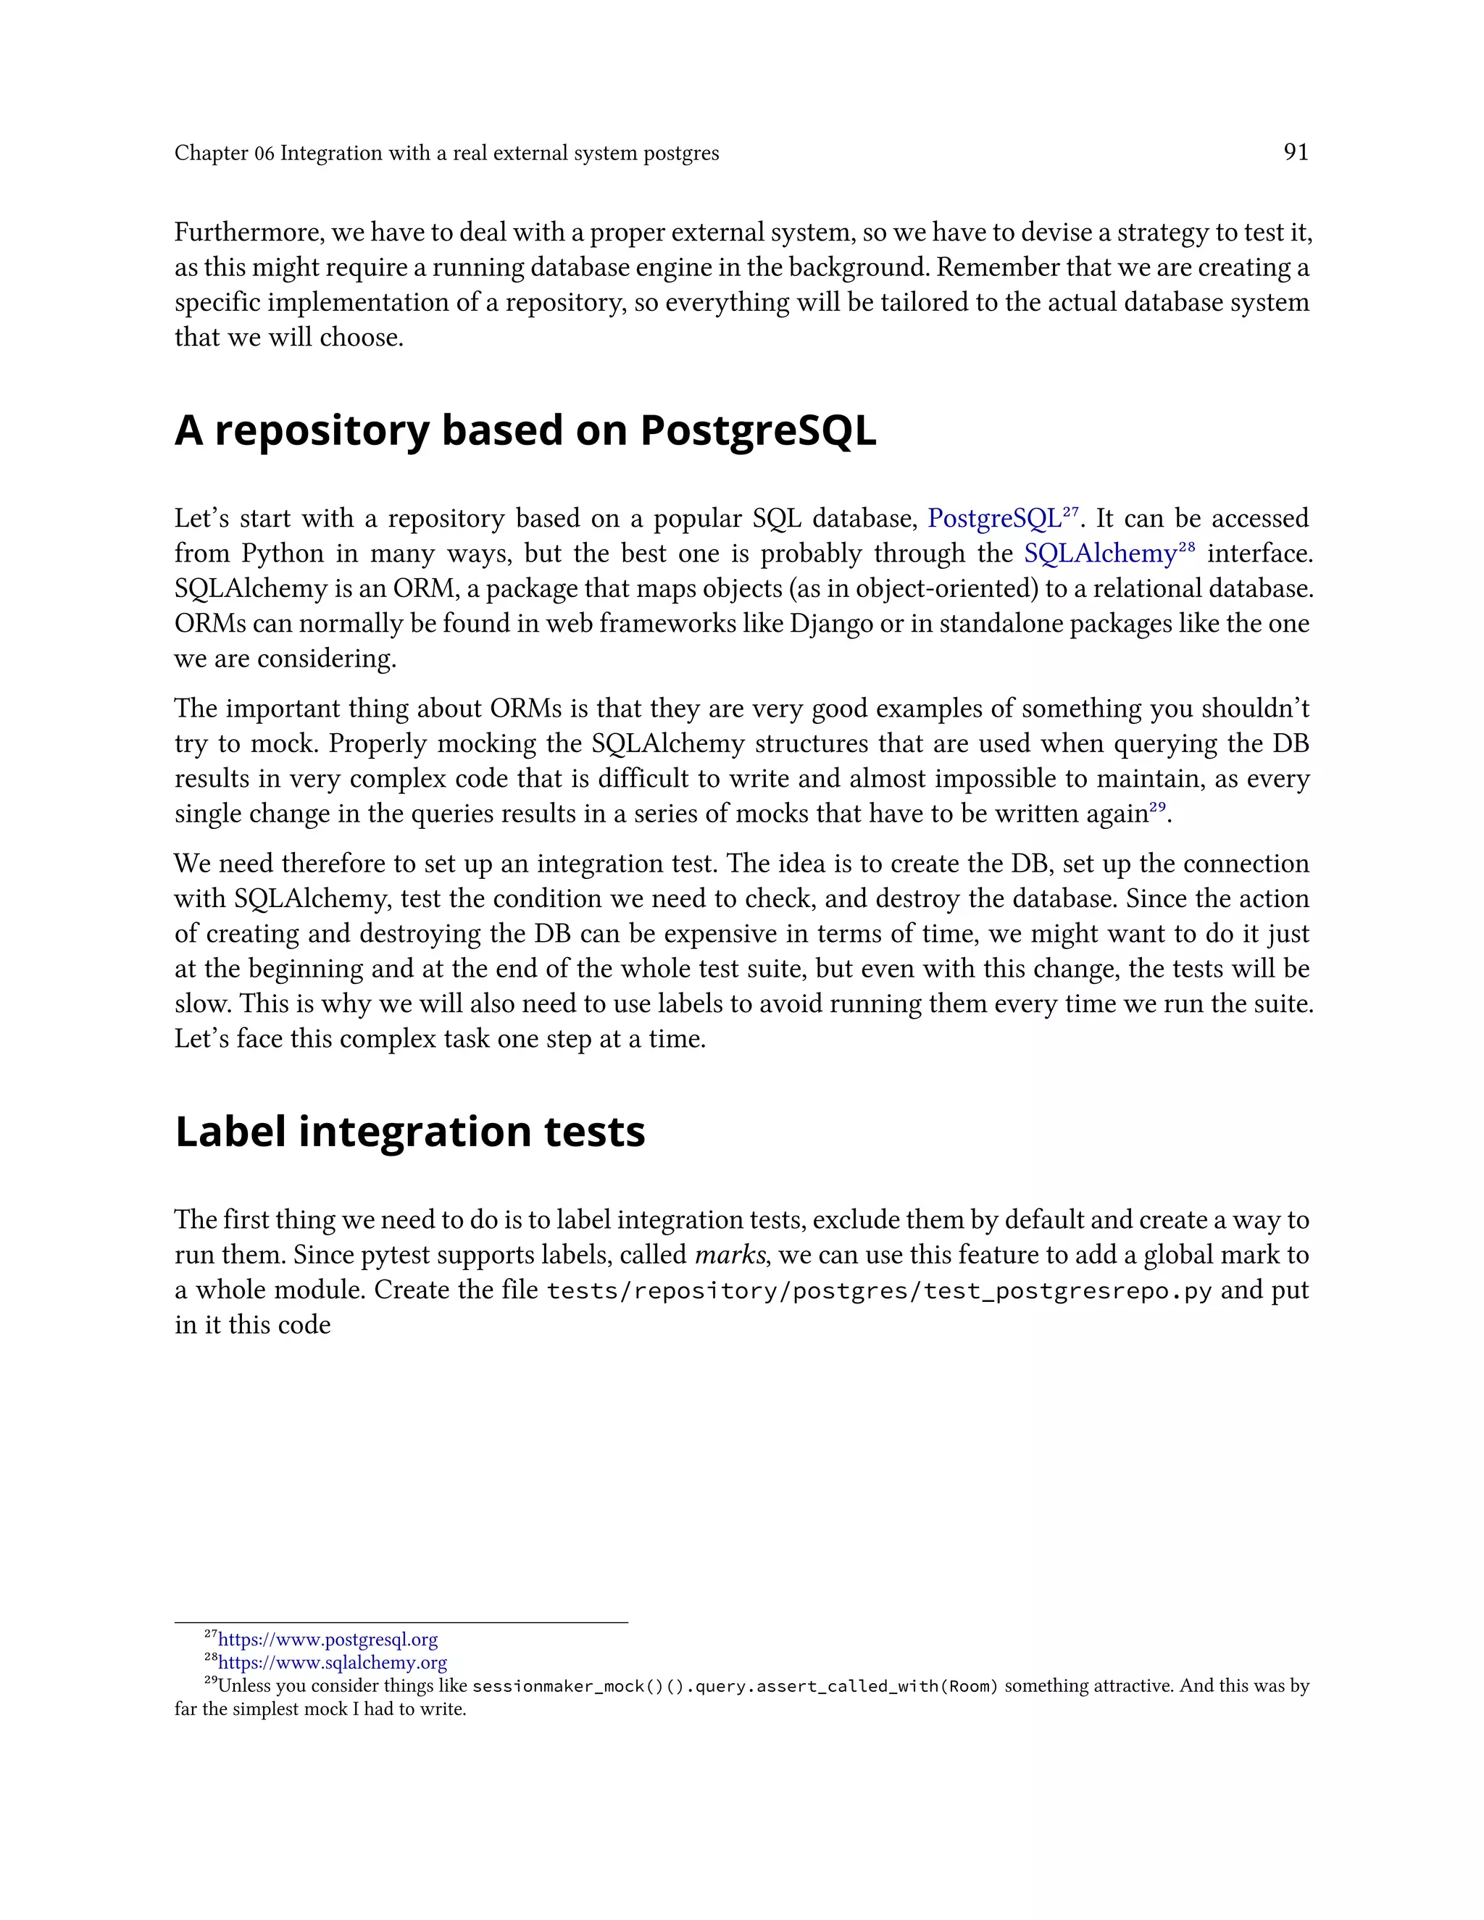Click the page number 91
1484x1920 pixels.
(x=1296, y=152)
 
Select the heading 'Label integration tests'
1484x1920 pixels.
(x=409, y=1132)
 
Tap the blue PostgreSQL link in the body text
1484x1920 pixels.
(x=994, y=519)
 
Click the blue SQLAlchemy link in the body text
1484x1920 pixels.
(x=1100, y=554)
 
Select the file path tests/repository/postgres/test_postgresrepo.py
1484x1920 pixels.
(x=879, y=1290)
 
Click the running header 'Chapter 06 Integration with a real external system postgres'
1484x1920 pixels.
(x=446, y=153)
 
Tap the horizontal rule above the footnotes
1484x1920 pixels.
(x=401, y=1623)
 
